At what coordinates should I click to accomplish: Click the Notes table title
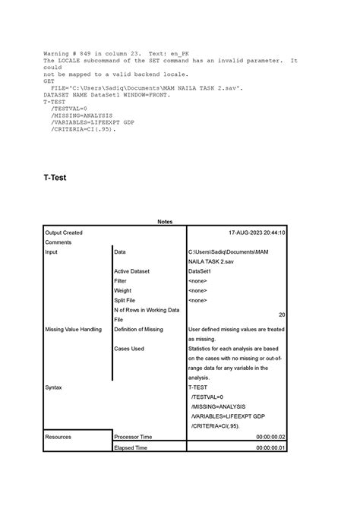pos(165,222)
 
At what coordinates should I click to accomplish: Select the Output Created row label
pos(65,232)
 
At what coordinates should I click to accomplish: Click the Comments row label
pos(59,242)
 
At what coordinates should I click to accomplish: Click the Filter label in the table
pos(122,281)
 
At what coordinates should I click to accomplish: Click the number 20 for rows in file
pos(282,315)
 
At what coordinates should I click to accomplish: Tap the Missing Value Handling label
pos(74,330)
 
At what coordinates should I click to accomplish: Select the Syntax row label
pos(55,387)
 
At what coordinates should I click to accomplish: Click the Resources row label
pos(59,438)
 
